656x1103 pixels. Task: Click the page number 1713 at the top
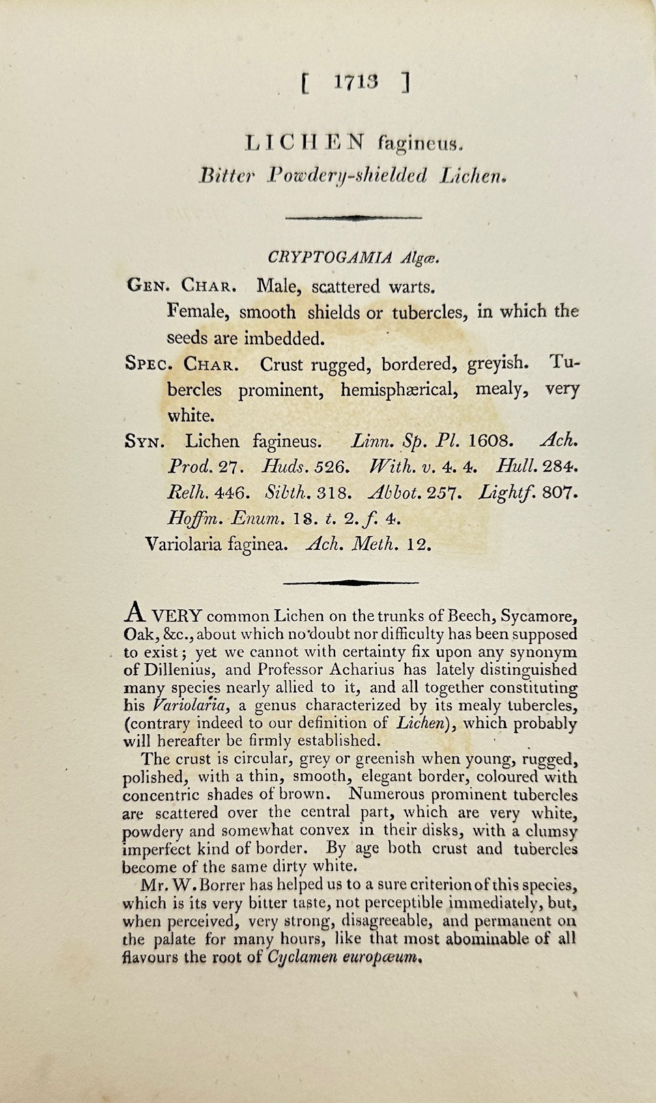pos(355,83)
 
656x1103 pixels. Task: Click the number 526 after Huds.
pos(332,467)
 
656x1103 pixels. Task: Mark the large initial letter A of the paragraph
pos(134,610)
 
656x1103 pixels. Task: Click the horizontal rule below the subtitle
pos(352,217)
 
